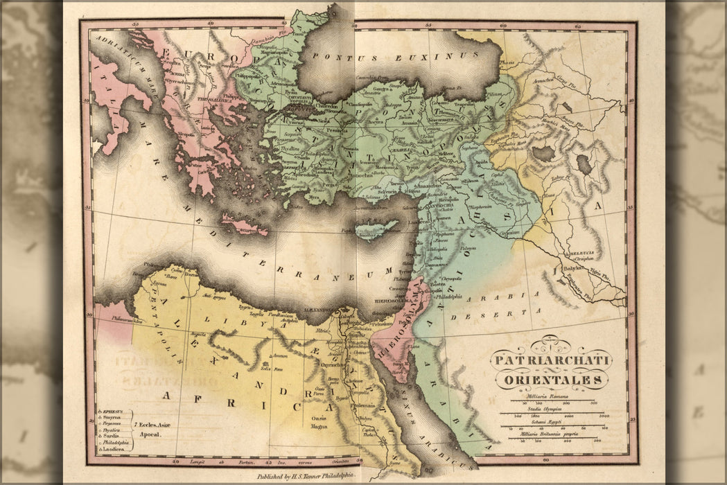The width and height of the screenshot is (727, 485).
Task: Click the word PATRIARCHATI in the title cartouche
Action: point(550,360)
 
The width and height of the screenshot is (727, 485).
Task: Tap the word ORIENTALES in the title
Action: point(552,380)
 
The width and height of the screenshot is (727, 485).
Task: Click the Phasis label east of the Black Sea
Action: point(507,61)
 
